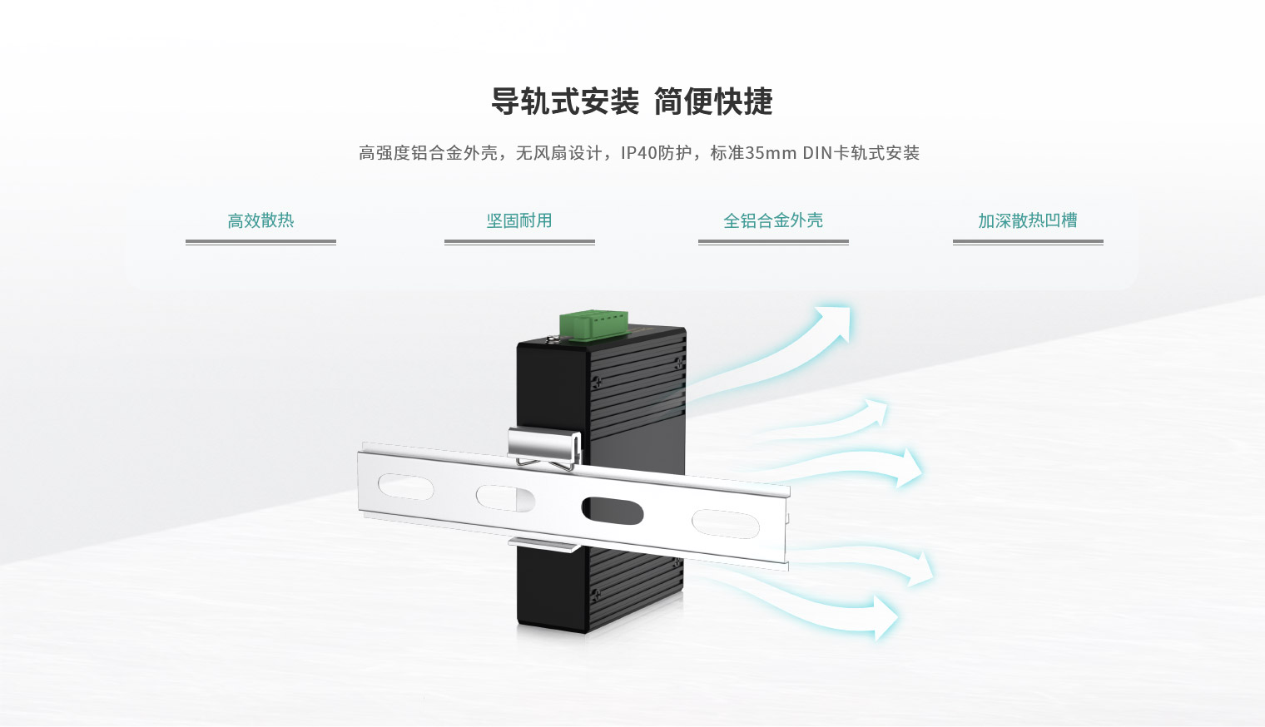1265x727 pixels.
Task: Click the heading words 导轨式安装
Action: pos(565,101)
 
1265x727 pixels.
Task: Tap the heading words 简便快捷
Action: pos(713,101)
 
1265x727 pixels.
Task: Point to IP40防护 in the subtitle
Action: pos(656,153)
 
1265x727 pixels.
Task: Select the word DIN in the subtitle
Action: pos(818,153)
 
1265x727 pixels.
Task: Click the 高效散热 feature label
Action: pos(261,220)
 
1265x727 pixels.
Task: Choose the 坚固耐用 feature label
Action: pos(519,220)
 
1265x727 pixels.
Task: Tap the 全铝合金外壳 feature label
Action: pos(773,220)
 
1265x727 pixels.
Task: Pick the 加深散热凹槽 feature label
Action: pos(1028,220)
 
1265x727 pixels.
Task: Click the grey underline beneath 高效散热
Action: pos(261,242)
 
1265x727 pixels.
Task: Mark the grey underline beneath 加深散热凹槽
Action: pos(1028,242)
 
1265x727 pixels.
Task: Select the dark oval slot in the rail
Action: pos(613,511)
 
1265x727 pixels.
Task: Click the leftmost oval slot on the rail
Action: pos(405,487)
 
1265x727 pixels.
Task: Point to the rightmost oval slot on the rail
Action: pos(726,524)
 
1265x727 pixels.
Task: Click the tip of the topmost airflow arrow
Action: pos(850,308)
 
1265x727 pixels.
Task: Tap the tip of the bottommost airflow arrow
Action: pos(898,618)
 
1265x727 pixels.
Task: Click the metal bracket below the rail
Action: pos(543,544)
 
